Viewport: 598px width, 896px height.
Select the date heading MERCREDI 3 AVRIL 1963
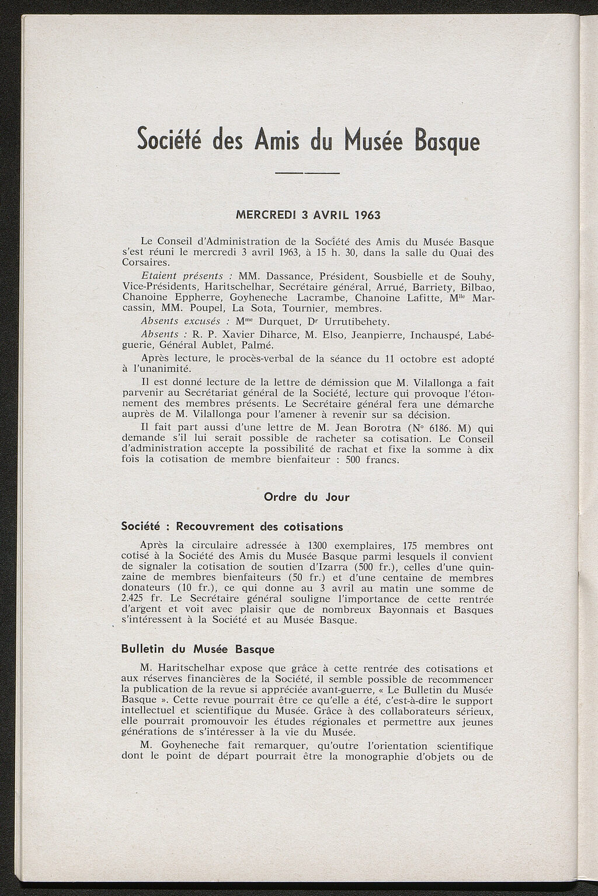[x=307, y=215]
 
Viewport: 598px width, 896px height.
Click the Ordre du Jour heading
[x=307, y=497]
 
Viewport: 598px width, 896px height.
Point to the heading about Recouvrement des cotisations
[x=232, y=527]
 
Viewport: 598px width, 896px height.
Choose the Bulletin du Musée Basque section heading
[x=197, y=649]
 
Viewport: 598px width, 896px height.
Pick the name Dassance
[x=288, y=276]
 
